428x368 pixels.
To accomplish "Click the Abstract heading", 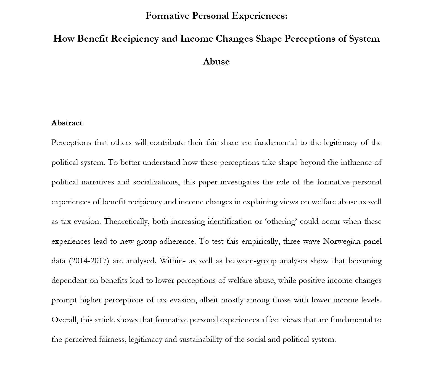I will click(67, 123).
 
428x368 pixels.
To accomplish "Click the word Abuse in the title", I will click(216, 61).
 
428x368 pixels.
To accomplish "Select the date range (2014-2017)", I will click(88, 261).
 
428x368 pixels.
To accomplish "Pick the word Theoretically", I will click(126, 221).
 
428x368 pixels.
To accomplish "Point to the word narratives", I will click(97, 182).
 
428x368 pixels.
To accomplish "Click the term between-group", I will click(251, 261).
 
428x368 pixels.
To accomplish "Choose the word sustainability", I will click(201, 339).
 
